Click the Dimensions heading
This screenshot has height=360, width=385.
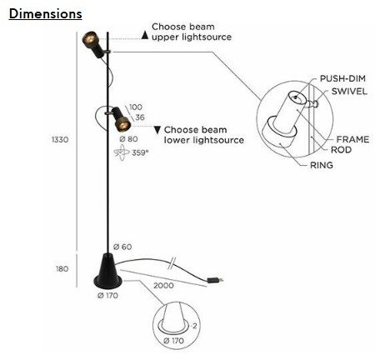(x=46, y=14)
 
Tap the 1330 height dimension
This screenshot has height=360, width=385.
(x=60, y=139)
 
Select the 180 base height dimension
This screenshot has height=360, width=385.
(x=62, y=269)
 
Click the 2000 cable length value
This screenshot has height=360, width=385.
(x=163, y=286)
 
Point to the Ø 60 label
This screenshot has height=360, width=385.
(x=122, y=247)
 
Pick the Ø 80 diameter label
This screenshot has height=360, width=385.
(x=128, y=139)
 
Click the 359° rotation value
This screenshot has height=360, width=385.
(x=140, y=152)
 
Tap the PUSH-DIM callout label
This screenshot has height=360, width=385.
(x=342, y=78)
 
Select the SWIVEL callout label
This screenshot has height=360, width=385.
(x=349, y=92)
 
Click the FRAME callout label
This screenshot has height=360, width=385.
(x=352, y=139)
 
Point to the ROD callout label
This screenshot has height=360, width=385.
(x=341, y=150)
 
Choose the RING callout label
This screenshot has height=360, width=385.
(x=322, y=165)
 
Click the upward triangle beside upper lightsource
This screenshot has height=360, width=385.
(x=145, y=35)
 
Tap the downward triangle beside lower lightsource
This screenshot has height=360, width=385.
(x=157, y=130)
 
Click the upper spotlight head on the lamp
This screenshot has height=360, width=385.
(x=93, y=44)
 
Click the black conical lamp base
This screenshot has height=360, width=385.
(x=107, y=271)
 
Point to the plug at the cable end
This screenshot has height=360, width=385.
(x=215, y=280)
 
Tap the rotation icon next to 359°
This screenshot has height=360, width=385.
(x=122, y=153)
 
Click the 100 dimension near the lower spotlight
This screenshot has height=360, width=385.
(x=136, y=107)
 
